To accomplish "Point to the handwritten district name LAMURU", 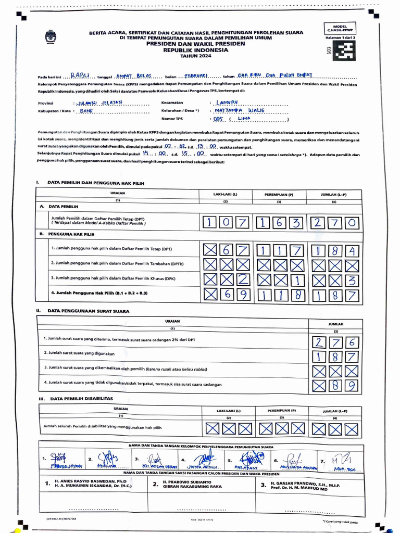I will click(x=226, y=102).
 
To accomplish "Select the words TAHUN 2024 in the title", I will click(x=193, y=56).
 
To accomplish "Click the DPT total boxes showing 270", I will click(x=335, y=223).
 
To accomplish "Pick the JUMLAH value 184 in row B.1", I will click(x=335, y=250).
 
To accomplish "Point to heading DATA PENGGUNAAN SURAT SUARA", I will click(x=89, y=311).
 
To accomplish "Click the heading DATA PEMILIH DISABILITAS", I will click(x=82, y=399).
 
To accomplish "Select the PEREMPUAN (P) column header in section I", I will click(x=279, y=195).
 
